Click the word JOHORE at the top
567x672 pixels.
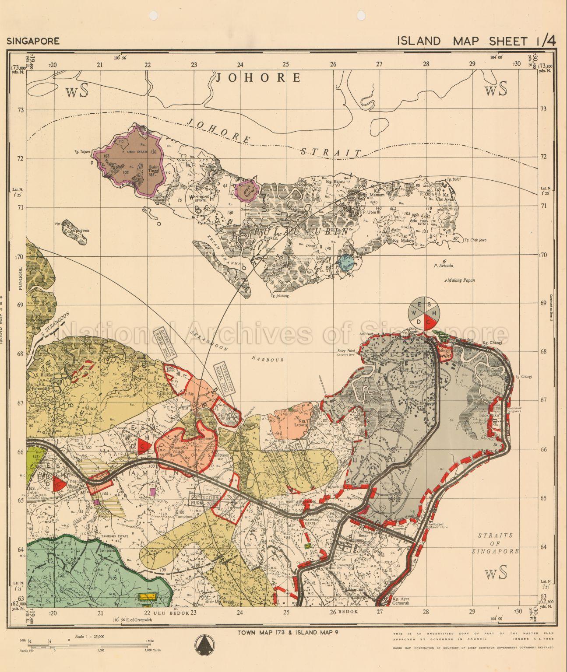[258, 78]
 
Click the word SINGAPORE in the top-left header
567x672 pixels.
[33, 42]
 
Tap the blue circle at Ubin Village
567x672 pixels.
[345, 262]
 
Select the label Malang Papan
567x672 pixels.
[461, 280]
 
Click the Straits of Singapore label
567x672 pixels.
[495, 543]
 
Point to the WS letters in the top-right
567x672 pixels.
[496, 89]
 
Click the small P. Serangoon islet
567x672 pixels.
[74, 232]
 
